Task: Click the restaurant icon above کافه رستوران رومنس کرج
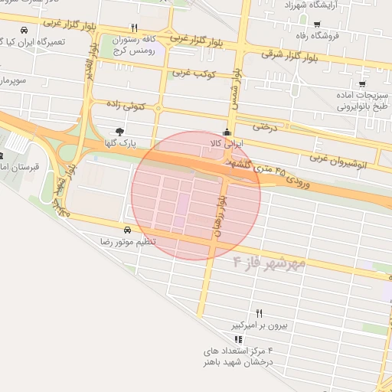tap(136, 28)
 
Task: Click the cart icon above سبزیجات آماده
tap(361, 84)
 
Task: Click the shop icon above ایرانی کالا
tap(226, 131)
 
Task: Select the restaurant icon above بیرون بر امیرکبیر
tap(259, 313)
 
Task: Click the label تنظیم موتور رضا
tap(127, 242)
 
